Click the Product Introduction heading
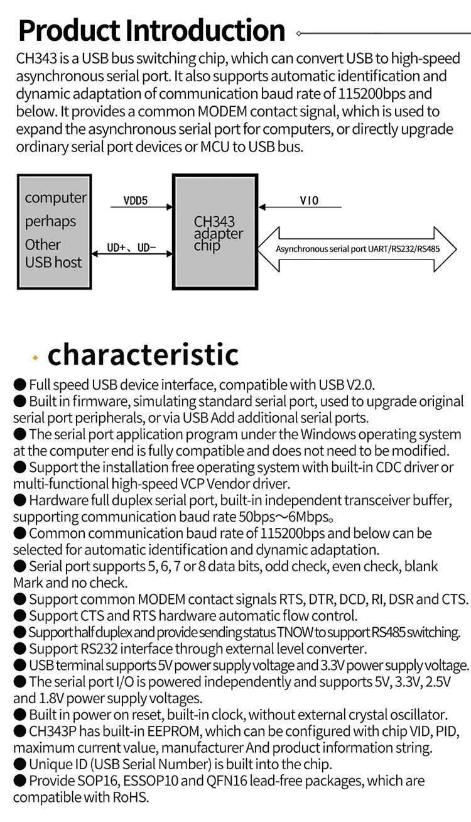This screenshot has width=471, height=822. pos(151,30)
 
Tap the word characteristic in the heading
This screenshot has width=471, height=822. pos(143,354)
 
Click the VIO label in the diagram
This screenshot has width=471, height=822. pos(309,200)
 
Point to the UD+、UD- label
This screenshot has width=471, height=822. pos(131,248)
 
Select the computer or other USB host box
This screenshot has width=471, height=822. pos(53,232)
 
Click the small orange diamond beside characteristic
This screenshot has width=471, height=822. pos(36,358)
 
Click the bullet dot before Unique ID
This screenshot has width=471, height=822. pos(19,764)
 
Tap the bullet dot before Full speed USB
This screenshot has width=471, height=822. pos(19,385)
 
